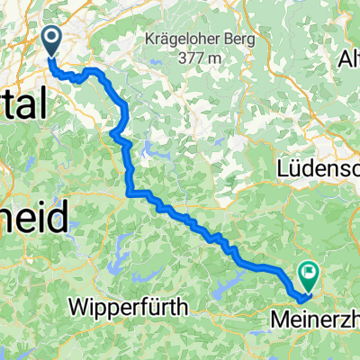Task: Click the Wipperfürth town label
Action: tap(131, 307)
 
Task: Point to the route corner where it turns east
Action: tap(132, 192)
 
